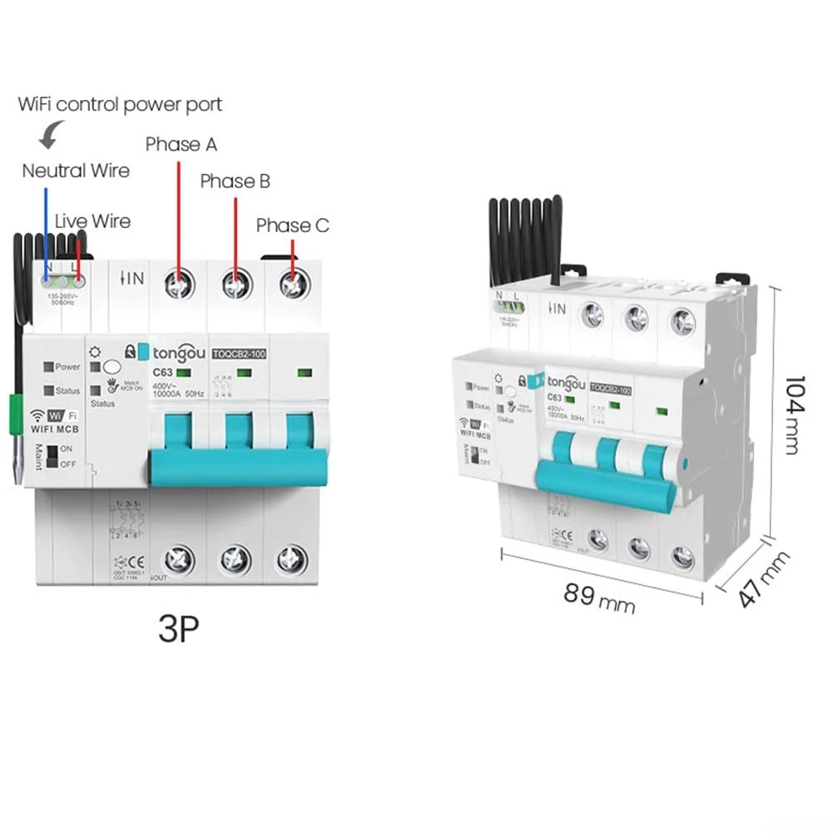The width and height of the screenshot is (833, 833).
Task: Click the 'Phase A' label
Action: click(181, 144)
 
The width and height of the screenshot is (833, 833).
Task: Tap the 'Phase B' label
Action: click(235, 181)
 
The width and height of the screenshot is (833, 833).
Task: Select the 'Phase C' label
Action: click(292, 226)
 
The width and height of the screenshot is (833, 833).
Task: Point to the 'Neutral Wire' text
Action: click(76, 171)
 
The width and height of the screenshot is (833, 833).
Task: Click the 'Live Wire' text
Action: click(92, 221)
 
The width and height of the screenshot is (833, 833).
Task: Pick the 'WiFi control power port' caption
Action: click(120, 105)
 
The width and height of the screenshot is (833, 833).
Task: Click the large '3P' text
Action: click(179, 630)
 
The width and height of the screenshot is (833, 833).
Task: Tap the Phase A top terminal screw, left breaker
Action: click(177, 285)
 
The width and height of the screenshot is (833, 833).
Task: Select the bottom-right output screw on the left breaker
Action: click(291, 560)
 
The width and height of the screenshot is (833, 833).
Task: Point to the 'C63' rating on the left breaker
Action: click(162, 373)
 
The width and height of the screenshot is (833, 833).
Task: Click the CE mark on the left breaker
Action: click(135, 560)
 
